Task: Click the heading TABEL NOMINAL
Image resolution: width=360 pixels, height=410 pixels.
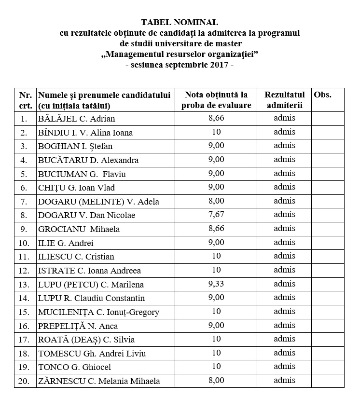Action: click(x=180, y=22)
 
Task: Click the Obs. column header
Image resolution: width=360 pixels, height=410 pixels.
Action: click(x=322, y=95)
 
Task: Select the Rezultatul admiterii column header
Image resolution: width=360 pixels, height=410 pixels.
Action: click(x=284, y=100)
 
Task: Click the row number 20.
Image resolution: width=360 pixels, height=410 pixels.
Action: click(x=24, y=381)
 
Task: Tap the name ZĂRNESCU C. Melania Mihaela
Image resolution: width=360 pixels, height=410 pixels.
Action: click(x=98, y=381)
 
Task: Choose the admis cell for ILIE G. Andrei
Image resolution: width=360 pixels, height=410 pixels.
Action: click(x=284, y=242)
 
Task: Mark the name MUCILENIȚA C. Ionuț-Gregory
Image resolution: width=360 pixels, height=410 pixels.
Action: click(x=98, y=312)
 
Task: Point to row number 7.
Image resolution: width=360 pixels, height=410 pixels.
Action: click(x=24, y=201)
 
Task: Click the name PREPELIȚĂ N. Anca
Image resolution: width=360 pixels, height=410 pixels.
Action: click(x=78, y=326)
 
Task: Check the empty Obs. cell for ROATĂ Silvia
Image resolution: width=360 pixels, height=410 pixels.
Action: click(x=328, y=340)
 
